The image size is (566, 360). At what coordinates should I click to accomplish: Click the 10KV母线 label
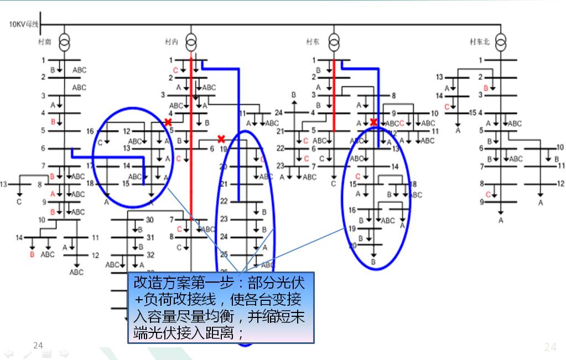(x=23, y=25)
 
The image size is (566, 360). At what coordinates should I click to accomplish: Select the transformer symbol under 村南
(x=64, y=41)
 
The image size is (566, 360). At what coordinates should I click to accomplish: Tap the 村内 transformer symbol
(x=191, y=41)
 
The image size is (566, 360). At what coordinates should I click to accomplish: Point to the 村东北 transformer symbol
(x=501, y=41)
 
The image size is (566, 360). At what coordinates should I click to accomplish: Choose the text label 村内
(x=171, y=41)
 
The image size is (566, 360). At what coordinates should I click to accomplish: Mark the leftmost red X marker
(x=168, y=121)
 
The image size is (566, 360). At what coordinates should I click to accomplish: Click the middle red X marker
(x=221, y=139)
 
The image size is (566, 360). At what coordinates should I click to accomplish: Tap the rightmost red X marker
(x=374, y=122)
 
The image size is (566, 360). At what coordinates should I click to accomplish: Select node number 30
(x=149, y=220)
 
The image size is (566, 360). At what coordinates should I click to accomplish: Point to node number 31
(x=149, y=238)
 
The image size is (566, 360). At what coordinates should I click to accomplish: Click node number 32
(x=149, y=255)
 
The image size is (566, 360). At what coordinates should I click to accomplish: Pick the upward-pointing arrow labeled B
(x=294, y=103)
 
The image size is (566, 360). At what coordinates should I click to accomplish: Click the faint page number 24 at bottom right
(x=550, y=347)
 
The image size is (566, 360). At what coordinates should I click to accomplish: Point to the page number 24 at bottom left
(x=38, y=346)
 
